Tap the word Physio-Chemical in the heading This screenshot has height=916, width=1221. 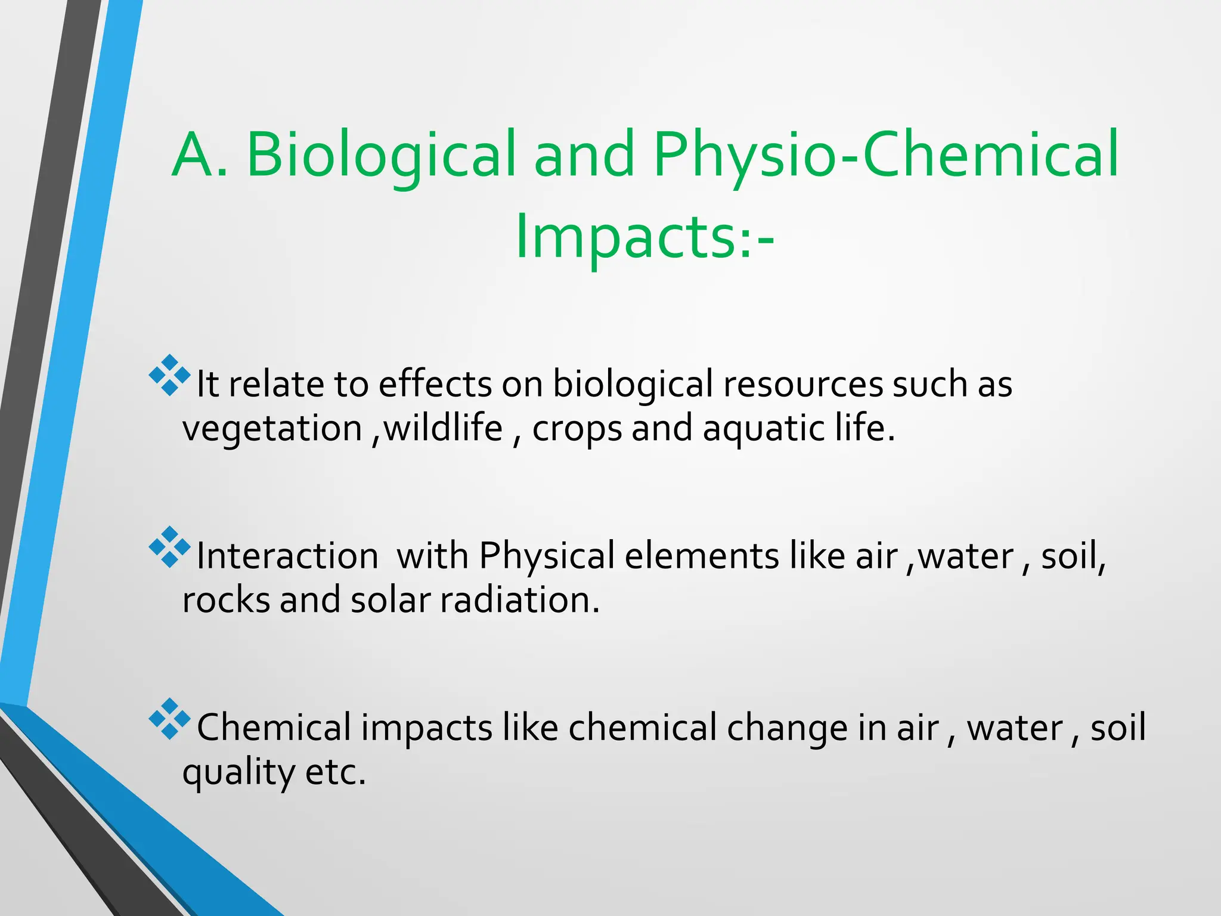pyautogui.click(x=886, y=155)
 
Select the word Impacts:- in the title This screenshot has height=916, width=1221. pyautogui.click(x=644, y=237)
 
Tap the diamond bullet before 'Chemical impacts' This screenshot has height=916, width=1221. pyautogui.click(x=169, y=719)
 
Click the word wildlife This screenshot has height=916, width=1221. pyautogui.click(x=444, y=428)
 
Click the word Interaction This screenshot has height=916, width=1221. pyautogui.click(x=287, y=556)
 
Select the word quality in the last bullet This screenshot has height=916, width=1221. pyautogui.click(x=238, y=773)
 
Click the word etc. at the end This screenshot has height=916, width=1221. pyautogui.click(x=335, y=772)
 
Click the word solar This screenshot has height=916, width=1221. pyautogui.click(x=390, y=601)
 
